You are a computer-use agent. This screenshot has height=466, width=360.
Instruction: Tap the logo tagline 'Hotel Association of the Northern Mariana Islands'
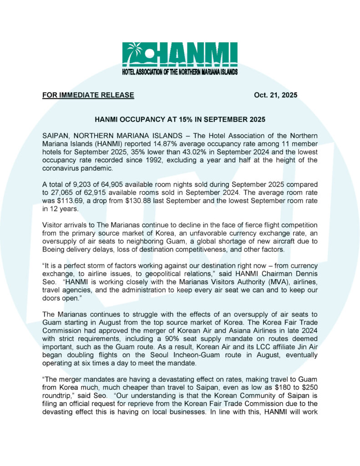pyautogui.click(x=180, y=71)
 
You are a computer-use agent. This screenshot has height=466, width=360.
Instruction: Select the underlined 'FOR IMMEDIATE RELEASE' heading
pyautogui.click(x=88, y=95)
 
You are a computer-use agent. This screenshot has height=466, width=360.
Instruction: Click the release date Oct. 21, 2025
pyautogui.click(x=275, y=95)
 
